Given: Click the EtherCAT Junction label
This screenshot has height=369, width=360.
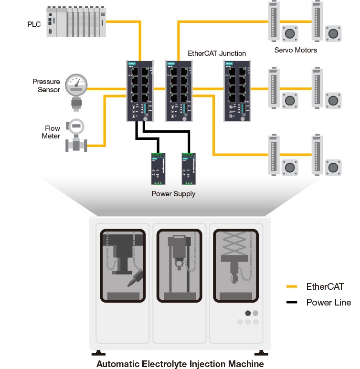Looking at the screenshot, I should click(217, 53).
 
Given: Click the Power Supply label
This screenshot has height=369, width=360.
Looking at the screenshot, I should click(173, 194).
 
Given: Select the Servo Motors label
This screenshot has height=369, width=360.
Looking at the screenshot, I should click(296, 50).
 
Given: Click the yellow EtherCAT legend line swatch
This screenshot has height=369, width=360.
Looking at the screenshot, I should click(291, 287).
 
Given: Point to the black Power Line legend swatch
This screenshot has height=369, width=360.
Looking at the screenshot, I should click(291, 302).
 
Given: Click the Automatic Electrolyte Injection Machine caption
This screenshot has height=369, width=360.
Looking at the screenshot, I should click(180, 364).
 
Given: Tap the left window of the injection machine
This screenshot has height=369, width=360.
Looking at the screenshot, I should click(123, 264).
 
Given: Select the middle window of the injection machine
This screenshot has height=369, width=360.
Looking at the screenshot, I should click(179, 264).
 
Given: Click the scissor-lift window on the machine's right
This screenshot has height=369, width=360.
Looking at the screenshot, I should click(235, 264).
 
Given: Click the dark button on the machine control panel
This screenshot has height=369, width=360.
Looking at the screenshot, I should click(247, 314).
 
